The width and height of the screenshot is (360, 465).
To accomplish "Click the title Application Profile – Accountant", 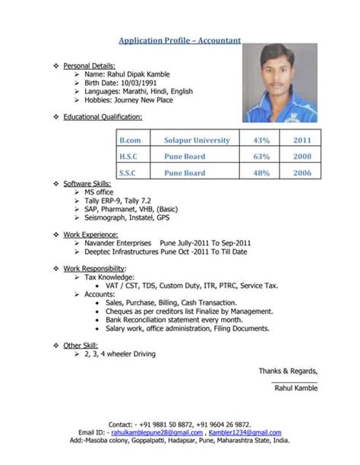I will click(x=180, y=40).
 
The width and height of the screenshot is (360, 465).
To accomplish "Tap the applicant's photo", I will click(x=279, y=83).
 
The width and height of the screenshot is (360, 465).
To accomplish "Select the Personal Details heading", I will click(x=89, y=65).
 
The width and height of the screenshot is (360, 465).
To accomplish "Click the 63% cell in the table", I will click(x=261, y=157).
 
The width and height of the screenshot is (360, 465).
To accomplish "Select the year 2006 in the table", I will click(x=302, y=173).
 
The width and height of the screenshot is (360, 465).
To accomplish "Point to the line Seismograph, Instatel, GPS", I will click(x=128, y=217).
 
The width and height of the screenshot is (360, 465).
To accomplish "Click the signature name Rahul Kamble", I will click(x=295, y=387).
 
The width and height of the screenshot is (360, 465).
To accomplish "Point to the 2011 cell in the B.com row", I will click(x=302, y=140).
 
